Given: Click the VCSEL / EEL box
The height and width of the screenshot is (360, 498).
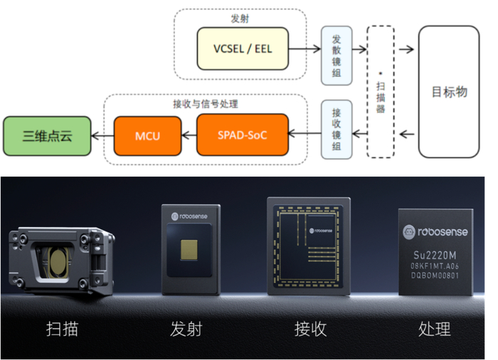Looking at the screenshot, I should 243,49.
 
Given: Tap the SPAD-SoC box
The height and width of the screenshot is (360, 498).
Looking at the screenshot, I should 242,134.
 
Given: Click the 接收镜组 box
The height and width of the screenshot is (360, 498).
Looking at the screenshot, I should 337,129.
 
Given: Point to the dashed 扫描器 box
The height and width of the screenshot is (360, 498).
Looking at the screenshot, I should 381,92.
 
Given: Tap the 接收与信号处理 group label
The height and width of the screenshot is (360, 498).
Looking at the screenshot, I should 206,103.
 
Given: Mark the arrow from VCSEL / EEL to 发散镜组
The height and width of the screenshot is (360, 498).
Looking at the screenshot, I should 304,49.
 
